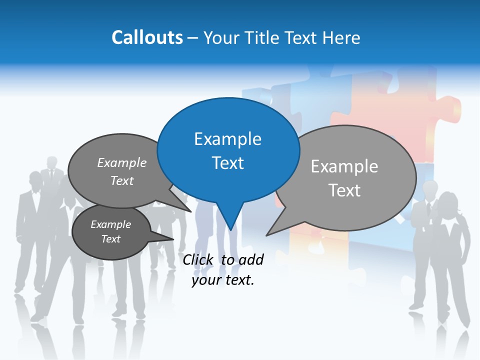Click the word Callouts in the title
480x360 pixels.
[147, 37]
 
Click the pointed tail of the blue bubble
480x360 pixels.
[230, 220]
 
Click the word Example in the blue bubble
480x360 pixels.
[228, 139]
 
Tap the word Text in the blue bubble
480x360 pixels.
[228, 163]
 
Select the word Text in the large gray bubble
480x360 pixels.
[345, 190]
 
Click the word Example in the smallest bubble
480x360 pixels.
[111, 224]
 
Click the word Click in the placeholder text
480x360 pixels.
[199, 259]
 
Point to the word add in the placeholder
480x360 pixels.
[251, 259]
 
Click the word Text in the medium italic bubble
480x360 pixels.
[122, 181]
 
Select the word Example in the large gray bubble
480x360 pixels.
[344, 166]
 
